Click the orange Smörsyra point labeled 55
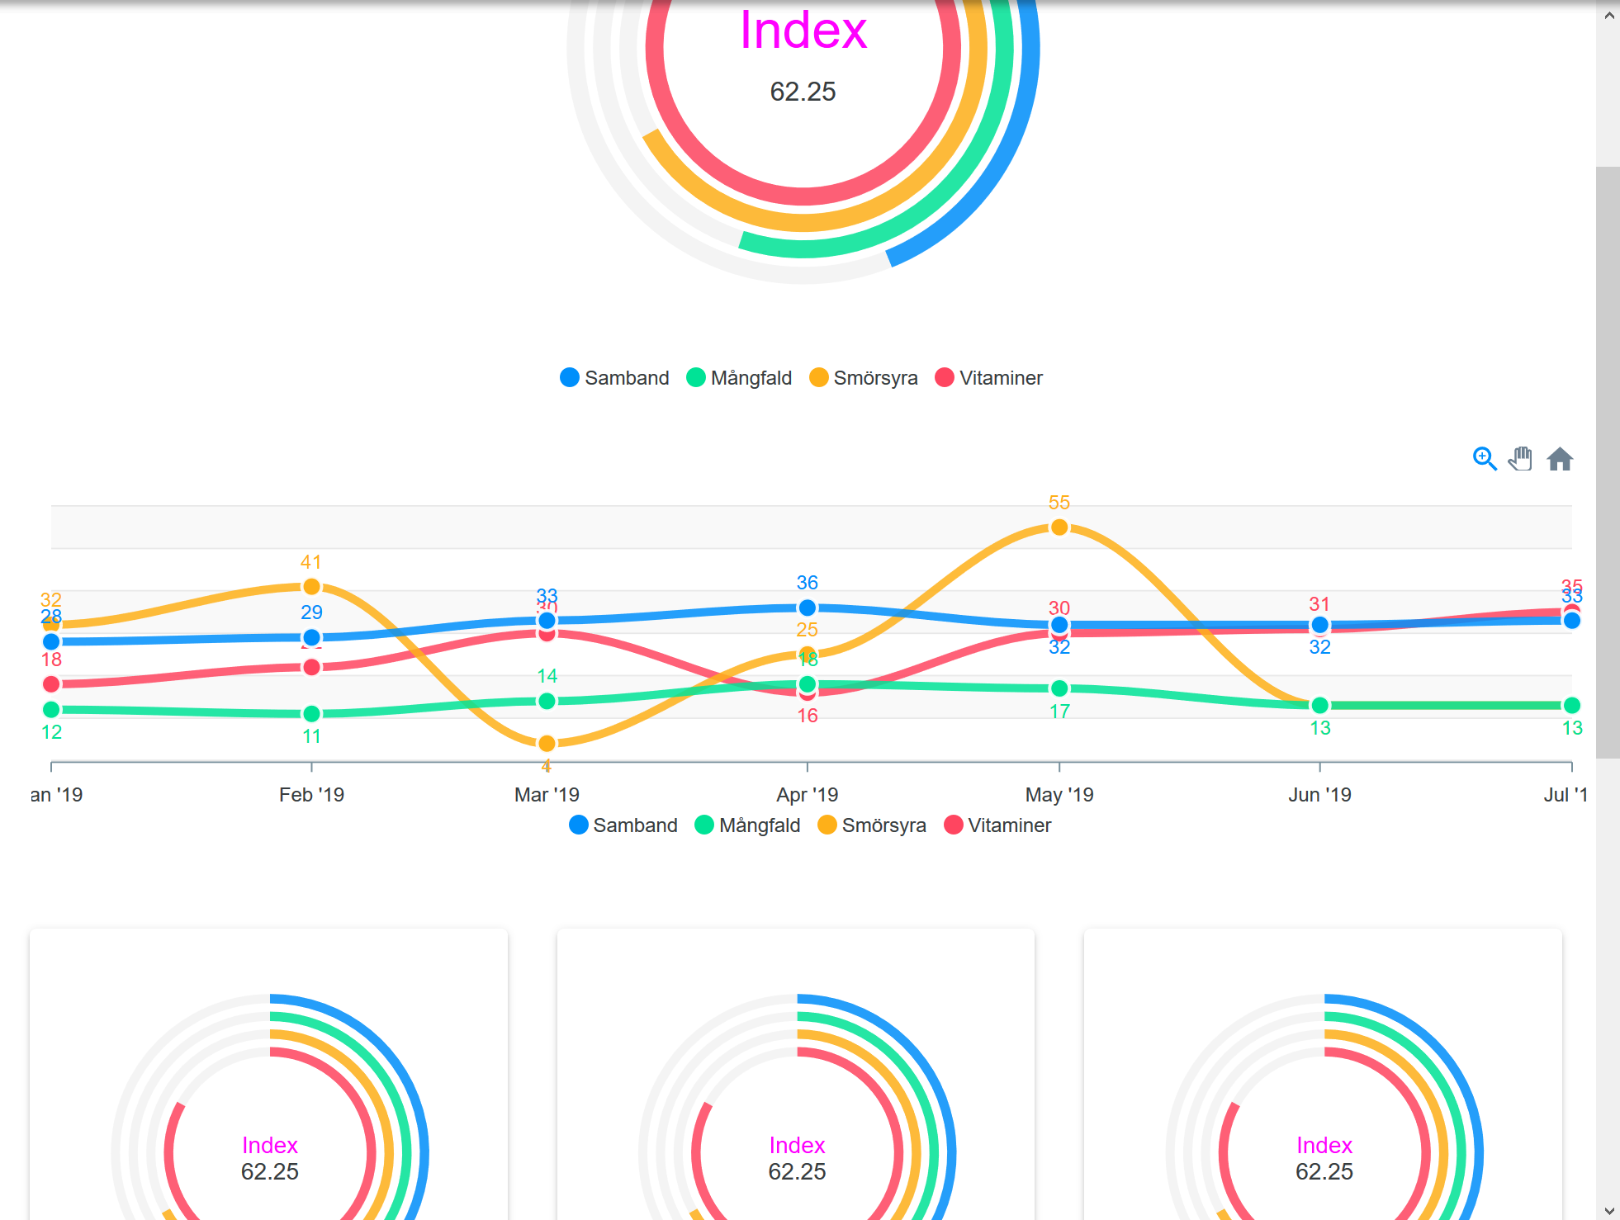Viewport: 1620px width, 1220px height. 1059,527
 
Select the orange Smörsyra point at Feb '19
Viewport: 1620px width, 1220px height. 311,587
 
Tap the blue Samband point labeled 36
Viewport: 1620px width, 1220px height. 808,608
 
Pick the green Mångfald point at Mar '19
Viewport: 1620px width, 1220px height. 547,702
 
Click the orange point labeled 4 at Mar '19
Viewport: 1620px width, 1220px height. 547,744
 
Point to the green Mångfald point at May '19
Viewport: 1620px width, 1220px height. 1059,688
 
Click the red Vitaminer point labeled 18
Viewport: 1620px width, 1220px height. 51,684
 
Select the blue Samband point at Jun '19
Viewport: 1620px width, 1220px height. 1319,625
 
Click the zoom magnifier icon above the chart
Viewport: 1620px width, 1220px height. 1484,459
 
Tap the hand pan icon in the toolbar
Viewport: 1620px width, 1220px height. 1520,459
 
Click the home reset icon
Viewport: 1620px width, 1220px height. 1559,459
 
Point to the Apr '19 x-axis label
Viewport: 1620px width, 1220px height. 807,795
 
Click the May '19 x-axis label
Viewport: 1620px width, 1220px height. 1059,795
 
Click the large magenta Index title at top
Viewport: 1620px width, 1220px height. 803,31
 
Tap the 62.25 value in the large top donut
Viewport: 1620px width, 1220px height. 803,92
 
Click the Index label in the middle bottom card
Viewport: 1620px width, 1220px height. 797,1145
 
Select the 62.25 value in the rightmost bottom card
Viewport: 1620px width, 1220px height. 1324,1171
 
